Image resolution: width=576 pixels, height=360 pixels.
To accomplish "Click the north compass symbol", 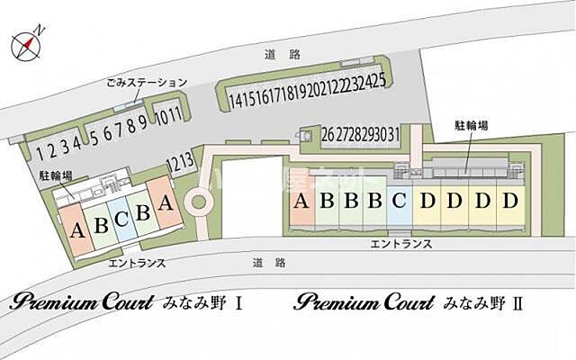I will pos(26,43).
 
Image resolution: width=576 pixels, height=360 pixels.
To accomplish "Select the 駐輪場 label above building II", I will pos(472,127).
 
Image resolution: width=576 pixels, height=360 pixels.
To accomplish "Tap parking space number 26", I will pos(328,135).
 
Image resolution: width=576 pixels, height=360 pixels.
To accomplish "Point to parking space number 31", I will pos(393,135).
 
